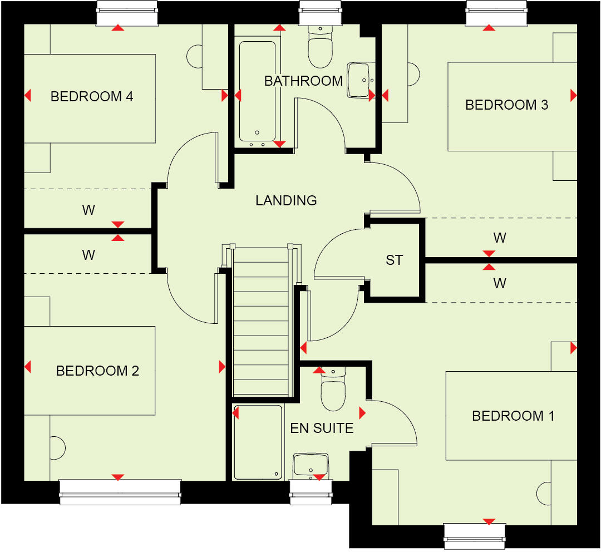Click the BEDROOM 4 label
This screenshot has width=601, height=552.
(x=92, y=97)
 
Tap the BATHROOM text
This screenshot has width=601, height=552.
(x=303, y=81)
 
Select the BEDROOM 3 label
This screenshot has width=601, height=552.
(x=506, y=105)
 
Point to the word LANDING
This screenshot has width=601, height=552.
(x=286, y=200)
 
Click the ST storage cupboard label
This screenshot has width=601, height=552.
(x=394, y=260)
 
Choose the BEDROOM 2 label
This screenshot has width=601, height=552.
(x=97, y=371)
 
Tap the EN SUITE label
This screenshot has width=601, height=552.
(x=322, y=428)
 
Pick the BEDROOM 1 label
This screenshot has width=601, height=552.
(x=513, y=416)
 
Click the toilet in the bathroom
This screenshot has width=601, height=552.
(x=320, y=47)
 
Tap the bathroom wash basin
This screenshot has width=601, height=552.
(x=359, y=80)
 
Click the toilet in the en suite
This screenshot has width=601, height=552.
(x=333, y=390)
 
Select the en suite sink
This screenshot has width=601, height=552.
(x=311, y=464)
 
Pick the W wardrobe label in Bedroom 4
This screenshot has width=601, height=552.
(x=88, y=210)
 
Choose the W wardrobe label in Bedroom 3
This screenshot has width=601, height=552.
(x=500, y=238)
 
